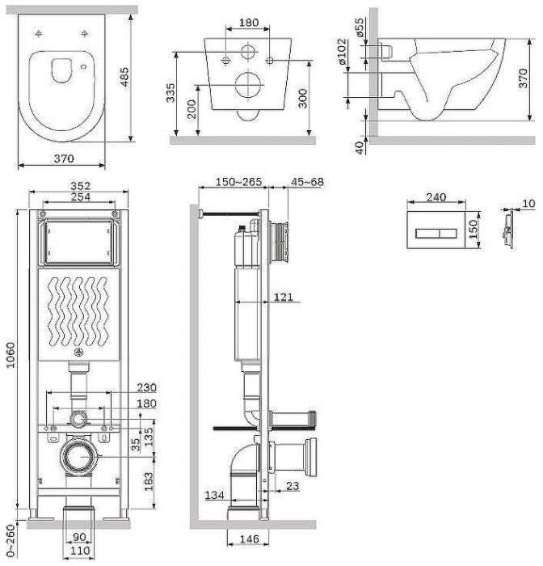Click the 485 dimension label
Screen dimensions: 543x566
click(124, 77)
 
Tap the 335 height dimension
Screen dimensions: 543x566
click(170, 93)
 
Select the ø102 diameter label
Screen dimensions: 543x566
click(342, 52)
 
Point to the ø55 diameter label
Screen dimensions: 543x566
click(360, 27)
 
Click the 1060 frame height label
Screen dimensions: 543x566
click(11, 355)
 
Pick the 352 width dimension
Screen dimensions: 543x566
click(80, 185)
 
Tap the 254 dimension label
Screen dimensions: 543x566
click(80, 197)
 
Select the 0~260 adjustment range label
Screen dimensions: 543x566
click(11, 540)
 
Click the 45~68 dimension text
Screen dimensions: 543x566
click(307, 182)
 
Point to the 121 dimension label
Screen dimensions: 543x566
click(284, 297)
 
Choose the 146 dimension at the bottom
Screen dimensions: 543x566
click(250, 539)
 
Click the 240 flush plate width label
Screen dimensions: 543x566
click(436, 197)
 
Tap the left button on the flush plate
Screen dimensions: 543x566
click(427, 234)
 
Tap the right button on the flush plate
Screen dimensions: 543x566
click(448, 234)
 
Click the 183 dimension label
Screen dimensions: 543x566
click(149, 481)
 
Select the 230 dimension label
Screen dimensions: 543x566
click(146, 387)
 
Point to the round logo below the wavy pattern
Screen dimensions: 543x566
click(78, 353)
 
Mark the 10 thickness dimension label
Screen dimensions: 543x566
click(528, 204)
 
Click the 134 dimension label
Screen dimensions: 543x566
click(214, 495)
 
